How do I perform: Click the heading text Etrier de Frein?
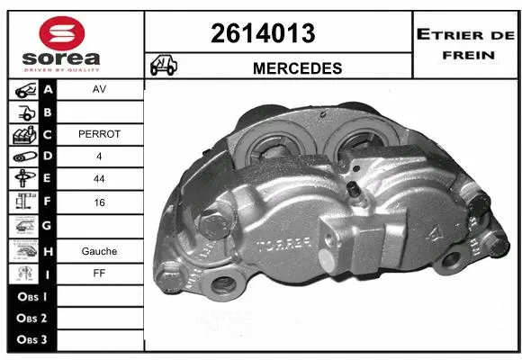click(x=464, y=43)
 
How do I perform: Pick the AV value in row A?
click(x=100, y=91)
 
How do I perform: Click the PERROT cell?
click(x=100, y=134)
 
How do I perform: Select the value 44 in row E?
click(x=100, y=178)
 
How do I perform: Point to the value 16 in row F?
click(x=100, y=203)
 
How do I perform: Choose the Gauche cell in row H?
click(x=100, y=251)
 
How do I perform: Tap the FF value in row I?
click(x=100, y=274)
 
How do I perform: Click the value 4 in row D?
click(x=100, y=157)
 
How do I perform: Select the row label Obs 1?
click(x=31, y=296)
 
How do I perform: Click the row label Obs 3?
click(x=31, y=340)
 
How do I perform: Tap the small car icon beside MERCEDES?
click(x=163, y=66)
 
